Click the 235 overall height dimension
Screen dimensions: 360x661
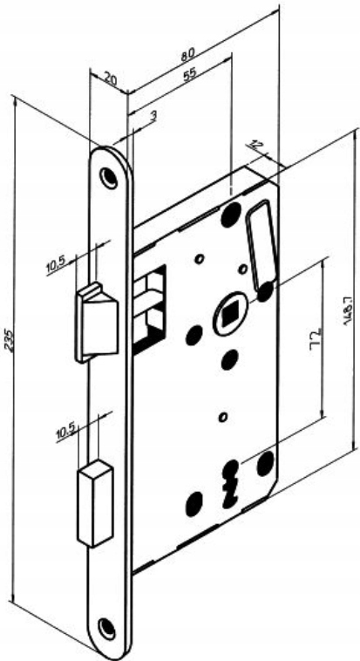pyautogui.click(x=10, y=340)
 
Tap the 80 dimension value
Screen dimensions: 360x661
pyautogui.click(x=188, y=55)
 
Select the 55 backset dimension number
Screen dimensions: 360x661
pyautogui.click(x=190, y=75)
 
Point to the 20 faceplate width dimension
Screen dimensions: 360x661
pyautogui.click(x=110, y=78)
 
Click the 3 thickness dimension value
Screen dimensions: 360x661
pyautogui.click(x=153, y=115)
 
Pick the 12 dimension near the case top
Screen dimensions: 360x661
pyautogui.click(x=255, y=145)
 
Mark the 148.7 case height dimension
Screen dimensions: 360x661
pyautogui.click(x=347, y=310)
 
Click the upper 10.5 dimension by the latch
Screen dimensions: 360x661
pyautogui.click(x=55, y=266)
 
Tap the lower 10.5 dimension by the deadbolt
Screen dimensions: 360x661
pyautogui.click(x=65, y=432)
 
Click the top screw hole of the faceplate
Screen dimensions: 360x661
pyautogui.click(x=108, y=178)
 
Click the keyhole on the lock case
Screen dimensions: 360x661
pyautogui.click(x=230, y=483)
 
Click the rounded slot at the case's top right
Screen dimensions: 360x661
pyautogui.click(x=262, y=245)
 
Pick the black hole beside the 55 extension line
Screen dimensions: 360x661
pyautogui.click(x=231, y=215)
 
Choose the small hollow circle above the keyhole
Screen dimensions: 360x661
pyautogui.click(x=223, y=418)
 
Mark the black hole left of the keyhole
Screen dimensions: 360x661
pyautogui.click(x=194, y=504)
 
